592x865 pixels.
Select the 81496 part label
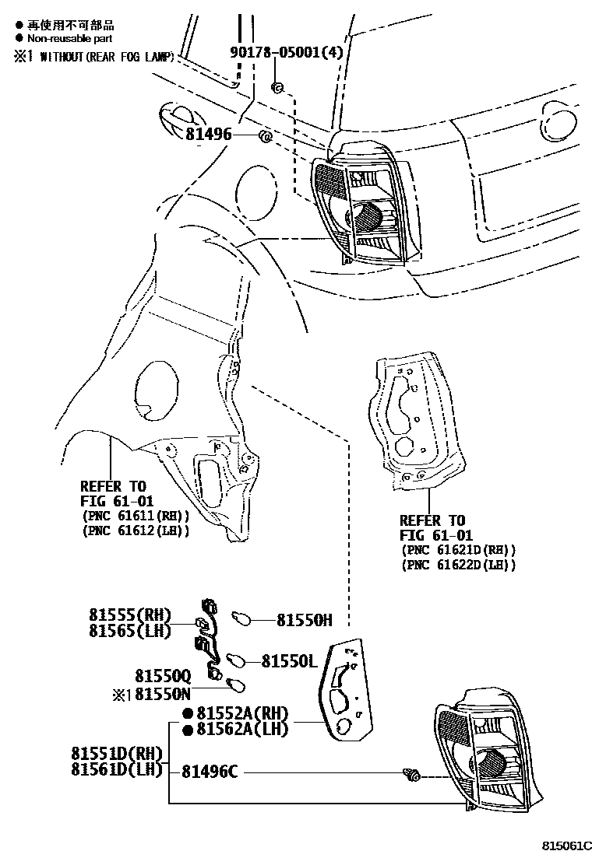[x=209, y=135]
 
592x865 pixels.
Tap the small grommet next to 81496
[x=264, y=138]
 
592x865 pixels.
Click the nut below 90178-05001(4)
[x=276, y=86]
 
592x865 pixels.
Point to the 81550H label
[x=305, y=620]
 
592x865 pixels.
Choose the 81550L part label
[x=289, y=660]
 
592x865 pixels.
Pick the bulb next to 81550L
[x=236, y=660]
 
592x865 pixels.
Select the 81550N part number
[x=162, y=692]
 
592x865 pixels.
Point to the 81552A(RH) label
[x=242, y=713]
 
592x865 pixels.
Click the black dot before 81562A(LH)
[x=187, y=730]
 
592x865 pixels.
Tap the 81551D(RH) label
[x=117, y=754]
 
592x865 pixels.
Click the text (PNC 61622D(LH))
[x=459, y=565]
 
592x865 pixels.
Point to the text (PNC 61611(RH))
[x=135, y=517]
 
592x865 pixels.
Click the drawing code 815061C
[x=568, y=845]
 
